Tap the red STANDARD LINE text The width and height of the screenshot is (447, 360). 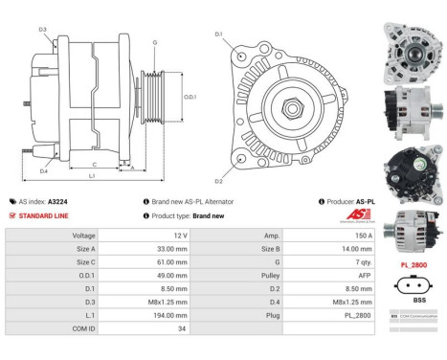[x=42, y=215]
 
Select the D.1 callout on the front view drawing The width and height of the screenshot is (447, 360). [x=218, y=35]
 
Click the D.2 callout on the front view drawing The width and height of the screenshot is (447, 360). [x=218, y=180]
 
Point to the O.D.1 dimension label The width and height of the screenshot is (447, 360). [x=190, y=96]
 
